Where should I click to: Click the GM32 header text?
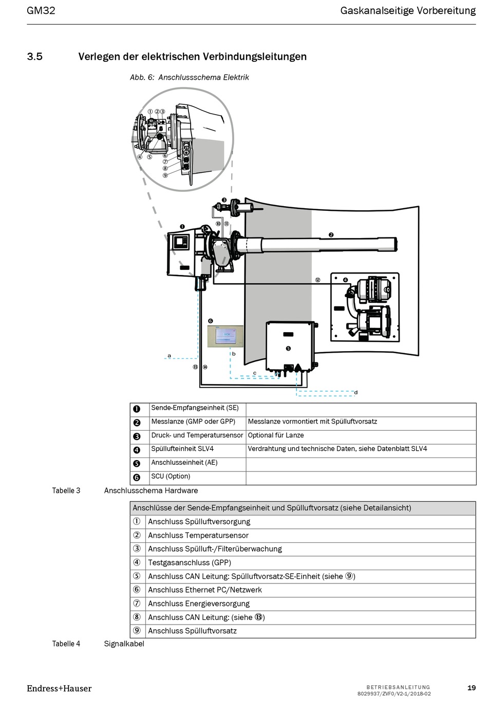click(41, 10)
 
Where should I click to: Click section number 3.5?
click(34, 57)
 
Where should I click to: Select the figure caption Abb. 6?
click(189, 77)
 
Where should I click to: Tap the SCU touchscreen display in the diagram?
click(225, 336)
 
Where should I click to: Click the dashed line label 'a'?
click(169, 355)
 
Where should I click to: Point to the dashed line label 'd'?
click(356, 392)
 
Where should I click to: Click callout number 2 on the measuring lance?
click(331, 235)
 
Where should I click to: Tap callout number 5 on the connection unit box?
click(288, 349)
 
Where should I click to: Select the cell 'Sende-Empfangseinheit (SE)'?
click(195, 408)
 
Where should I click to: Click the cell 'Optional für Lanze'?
click(276, 435)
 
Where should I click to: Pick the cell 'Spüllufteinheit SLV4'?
click(182, 449)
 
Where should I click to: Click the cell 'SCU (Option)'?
click(171, 477)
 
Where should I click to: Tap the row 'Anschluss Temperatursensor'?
click(198, 535)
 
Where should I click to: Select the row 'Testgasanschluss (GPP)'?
click(190, 562)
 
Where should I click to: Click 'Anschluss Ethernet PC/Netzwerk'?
click(205, 590)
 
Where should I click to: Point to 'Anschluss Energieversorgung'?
click(199, 604)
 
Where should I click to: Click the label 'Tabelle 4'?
click(66, 644)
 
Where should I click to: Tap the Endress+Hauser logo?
click(59, 688)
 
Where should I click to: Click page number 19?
click(471, 688)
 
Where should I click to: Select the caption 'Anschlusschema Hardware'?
click(151, 490)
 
